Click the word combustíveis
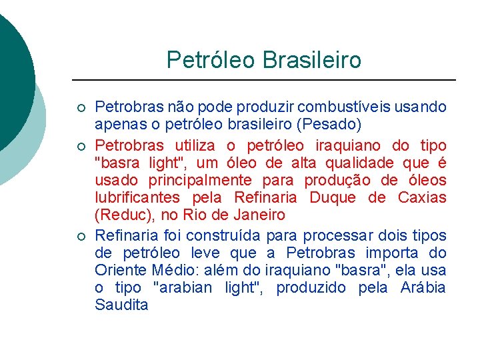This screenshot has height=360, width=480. (x=346, y=107)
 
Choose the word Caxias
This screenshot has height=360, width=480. (x=422, y=197)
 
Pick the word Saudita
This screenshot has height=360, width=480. (x=121, y=305)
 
